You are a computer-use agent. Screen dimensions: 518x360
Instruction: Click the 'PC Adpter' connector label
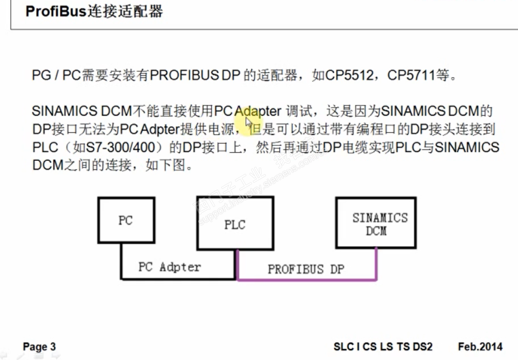click(170, 267)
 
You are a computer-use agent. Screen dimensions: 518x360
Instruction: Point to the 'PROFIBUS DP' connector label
click(306, 269)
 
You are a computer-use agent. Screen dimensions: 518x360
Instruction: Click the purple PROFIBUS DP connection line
click(307, 280)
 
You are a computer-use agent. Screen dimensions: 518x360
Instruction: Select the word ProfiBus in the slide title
click(56, 11)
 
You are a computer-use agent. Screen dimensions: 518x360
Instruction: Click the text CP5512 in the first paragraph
click(349, 75)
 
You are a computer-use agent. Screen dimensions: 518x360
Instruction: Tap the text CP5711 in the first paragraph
click(411, 75)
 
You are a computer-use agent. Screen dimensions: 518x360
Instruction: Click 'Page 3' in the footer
click(39, 347)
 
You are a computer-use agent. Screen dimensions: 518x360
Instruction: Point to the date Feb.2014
click(480, 347)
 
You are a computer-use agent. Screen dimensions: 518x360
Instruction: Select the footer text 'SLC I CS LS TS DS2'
click(383, 347)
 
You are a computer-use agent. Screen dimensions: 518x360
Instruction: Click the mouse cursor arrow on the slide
click(248, 122)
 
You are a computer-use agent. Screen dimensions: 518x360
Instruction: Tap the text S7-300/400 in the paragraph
click(120, 147)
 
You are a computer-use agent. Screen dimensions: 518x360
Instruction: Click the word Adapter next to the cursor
click(258, 111)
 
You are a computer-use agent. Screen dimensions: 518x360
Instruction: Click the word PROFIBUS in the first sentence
click(184, 75)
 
